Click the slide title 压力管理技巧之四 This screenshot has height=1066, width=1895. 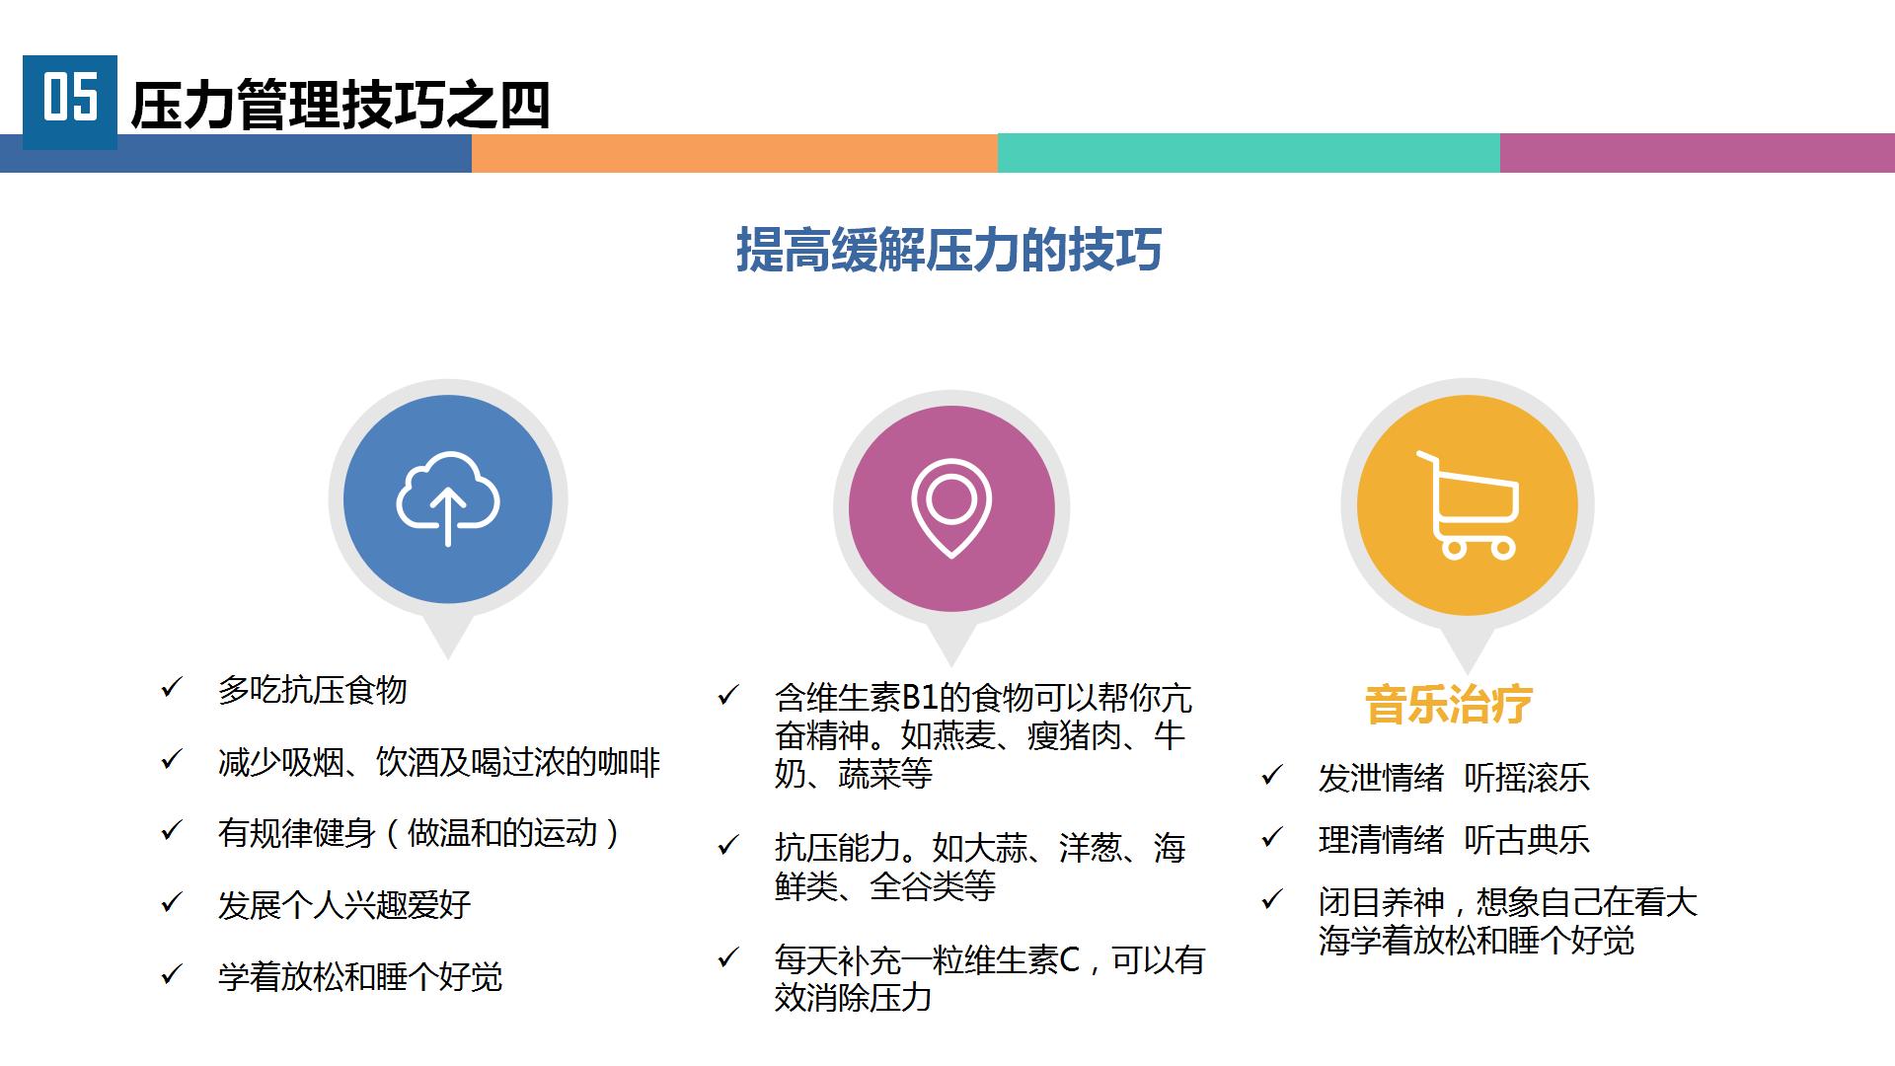341,106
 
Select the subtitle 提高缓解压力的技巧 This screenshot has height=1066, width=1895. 948,249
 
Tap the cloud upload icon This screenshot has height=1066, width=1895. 448,498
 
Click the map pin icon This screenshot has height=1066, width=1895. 951,508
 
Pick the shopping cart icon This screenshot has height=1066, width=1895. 1467,505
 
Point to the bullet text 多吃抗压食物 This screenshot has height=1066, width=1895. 313,690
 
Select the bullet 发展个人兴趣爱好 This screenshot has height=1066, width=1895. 344,905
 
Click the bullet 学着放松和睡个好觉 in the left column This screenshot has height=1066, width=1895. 360,977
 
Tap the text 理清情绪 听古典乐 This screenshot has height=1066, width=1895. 1454,840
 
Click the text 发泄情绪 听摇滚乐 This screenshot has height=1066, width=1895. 1454,778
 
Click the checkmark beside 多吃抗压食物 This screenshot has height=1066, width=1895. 172,688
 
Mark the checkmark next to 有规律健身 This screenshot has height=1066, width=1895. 172,831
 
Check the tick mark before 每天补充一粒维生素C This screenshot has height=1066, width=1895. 728,957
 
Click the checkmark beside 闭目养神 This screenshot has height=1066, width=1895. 1272,900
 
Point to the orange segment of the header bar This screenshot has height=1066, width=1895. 734,153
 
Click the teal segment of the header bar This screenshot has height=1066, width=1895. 1249,153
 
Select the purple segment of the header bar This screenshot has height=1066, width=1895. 1698,153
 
